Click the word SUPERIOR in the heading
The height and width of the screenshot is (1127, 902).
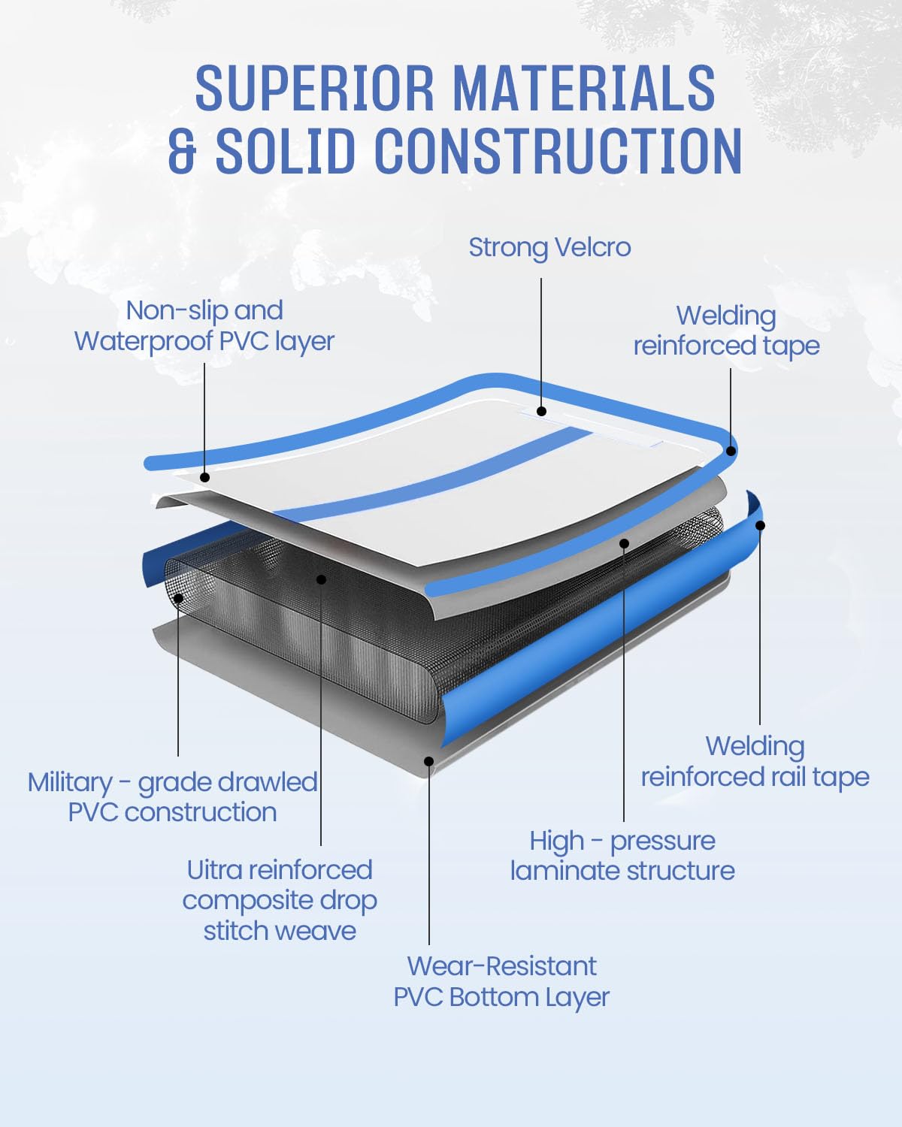[x=314, y=87]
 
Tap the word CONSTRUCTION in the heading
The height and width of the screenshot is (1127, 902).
[x=558, y=150]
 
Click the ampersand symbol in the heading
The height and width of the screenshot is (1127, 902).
[x=183, y=151]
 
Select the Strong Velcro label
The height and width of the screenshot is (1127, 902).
[x=549, y=248]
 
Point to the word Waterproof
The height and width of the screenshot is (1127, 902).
[x=143, y=341]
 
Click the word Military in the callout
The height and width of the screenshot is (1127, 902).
[x=70, y=783]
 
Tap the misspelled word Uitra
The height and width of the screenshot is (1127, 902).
[x=213, y=870]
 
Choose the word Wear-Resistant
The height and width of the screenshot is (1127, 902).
[x=502, y=966]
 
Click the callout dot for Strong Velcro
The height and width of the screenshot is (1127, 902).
[x=541, y=412]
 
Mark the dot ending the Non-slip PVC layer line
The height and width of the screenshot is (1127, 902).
[x=205, y=477]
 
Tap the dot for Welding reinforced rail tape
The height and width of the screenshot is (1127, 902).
[x=760, y=525]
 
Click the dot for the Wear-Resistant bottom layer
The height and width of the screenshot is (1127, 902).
[x=428, y=761]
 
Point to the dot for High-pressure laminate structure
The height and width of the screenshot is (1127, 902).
[x=624, y=544]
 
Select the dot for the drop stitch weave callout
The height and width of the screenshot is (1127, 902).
[x=321, y=580]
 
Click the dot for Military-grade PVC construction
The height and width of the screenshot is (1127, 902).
[x=178, y=598]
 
